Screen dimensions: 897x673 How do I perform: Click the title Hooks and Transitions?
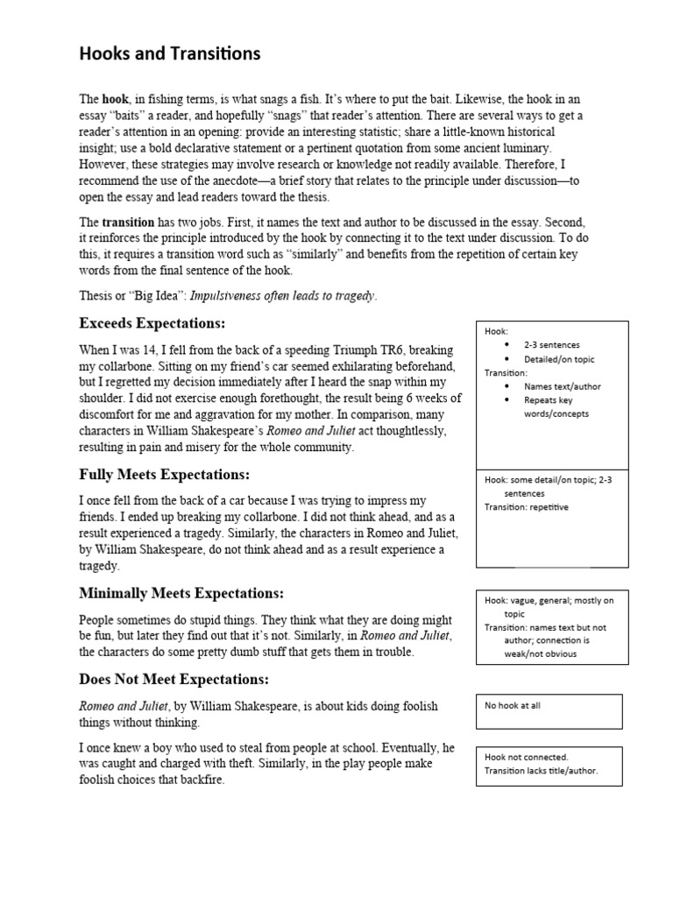(x=170, y=54)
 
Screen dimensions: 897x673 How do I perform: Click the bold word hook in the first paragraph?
(x=115, y=100)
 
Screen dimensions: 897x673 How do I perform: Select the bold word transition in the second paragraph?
(x=128, y=222)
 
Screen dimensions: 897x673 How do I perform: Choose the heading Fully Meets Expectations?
(x=164, y=475)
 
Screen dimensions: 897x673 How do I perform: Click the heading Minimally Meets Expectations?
(x=181, y=593)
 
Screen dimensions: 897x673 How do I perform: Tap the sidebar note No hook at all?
(x=512, y=705)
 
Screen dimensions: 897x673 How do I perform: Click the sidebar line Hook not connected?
(x=526, y=757)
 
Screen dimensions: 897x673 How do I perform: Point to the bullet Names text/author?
(x=562, y=386)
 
